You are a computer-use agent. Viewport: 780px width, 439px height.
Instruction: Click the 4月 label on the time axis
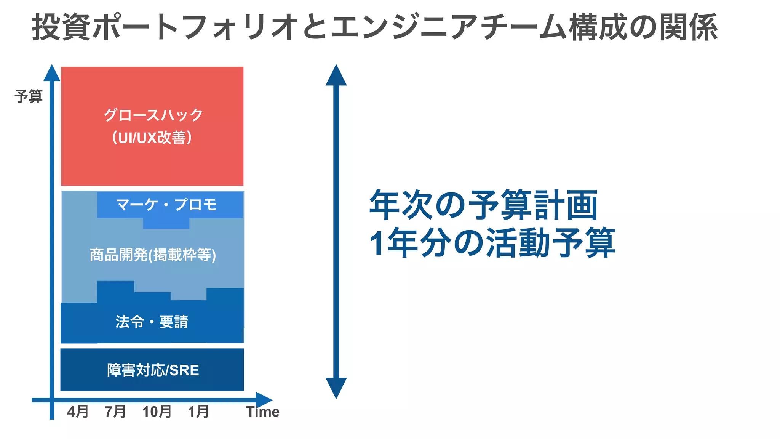click(x=78, y=412)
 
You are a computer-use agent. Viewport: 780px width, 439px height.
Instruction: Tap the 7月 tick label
click(x=115, y=412)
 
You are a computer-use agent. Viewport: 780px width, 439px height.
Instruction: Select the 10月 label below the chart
click(x=157, y=412)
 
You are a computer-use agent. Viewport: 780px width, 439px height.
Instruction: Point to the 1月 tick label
click(x=198, y=412)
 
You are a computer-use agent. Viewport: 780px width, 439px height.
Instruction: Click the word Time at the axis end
click(x=263, y=412)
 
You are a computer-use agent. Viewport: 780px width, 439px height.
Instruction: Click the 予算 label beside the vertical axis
click(x=29, y=96)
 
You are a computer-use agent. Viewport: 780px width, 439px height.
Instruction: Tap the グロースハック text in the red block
click(x=153, y=115)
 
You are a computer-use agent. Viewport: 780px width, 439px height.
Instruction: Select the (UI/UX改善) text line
click(x=152, y=138)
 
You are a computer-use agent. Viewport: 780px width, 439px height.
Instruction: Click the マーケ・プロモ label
click(x=166, y=205)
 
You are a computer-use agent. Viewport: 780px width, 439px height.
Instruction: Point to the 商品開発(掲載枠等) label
click(x=153, y=255)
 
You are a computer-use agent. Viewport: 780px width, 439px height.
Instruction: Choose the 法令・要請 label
click(x=152, y=322)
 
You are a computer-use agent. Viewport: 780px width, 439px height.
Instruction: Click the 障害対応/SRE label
click(x=153, y=370)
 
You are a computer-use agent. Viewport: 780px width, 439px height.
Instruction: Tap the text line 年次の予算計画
click(x=483, y=205)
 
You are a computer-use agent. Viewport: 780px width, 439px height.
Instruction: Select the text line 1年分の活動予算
click(x=492, y=242)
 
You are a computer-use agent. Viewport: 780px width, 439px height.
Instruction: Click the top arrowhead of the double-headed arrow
click(x=336, y=76)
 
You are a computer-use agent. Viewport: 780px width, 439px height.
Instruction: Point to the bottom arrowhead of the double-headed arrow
click(x=336, y=387)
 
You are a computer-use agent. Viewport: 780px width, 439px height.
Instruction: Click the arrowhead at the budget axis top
click(x=52, y=74)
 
